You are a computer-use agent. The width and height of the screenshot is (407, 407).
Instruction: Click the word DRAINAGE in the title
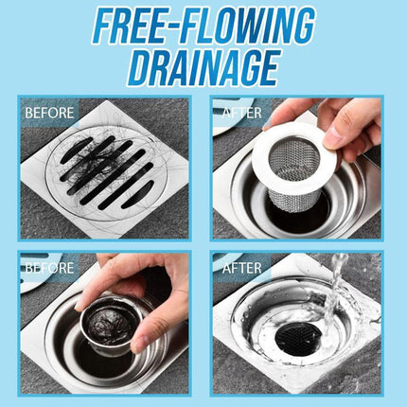point(203,67)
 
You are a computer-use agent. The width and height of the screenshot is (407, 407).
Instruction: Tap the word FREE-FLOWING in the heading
point(203,27)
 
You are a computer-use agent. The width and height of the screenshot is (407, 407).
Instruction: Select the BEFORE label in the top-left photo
point(48,114)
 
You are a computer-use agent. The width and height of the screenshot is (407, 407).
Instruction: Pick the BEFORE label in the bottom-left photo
point(49,268)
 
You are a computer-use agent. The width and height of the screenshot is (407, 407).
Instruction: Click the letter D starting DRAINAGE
point(141,67)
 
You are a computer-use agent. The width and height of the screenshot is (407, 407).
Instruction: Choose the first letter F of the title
point(103,27)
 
